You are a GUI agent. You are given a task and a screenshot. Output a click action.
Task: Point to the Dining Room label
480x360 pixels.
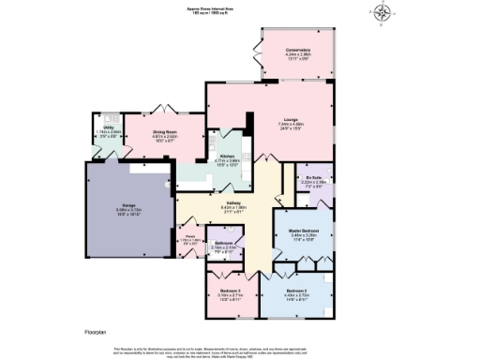point(166,134)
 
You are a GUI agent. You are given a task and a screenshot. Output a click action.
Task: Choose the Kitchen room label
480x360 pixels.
point(228,158)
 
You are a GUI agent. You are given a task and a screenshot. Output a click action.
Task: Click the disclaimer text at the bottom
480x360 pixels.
point(240,349)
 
